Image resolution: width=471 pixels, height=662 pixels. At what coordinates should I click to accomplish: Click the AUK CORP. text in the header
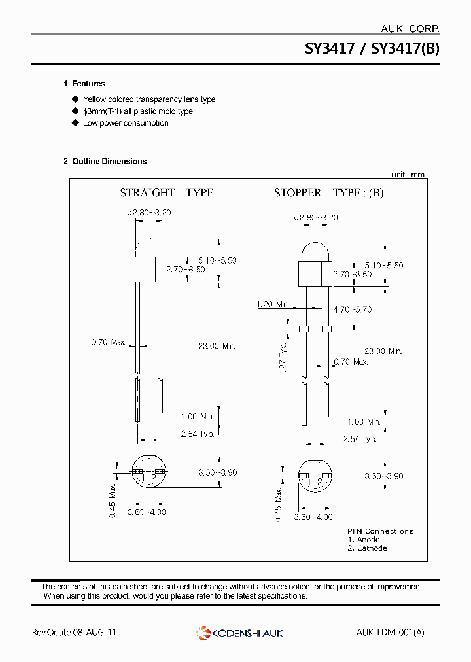click(410, 29)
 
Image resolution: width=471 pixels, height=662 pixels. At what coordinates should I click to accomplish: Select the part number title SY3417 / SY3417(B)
click(372, 48)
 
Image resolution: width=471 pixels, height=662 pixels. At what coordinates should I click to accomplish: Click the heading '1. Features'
click(84, 84)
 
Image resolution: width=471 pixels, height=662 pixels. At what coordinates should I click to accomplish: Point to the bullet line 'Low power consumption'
click(126, 123)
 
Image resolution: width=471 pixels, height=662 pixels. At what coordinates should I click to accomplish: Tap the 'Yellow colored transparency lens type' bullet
click(149, 99)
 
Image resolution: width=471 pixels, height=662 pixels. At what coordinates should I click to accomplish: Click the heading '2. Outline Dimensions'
click(105, 161)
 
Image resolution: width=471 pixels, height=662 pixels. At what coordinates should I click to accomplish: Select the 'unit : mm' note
click(408, 175)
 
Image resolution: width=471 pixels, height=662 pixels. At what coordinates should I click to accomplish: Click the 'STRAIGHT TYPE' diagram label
click(166, 193)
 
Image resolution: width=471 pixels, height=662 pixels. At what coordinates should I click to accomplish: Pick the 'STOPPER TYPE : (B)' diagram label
click(328, 193)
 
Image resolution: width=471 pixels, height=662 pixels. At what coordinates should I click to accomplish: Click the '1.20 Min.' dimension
click(273, 304)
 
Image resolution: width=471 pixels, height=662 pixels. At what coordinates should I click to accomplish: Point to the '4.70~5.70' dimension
click(352, 309)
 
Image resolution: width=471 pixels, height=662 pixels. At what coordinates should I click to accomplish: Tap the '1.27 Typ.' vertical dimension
click(283, 358)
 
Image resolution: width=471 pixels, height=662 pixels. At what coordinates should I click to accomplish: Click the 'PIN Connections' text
click(380, 531)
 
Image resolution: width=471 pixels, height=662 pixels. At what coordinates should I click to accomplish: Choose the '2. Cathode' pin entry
click(367, 548)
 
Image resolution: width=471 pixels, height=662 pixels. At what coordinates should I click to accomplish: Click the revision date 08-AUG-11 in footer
click(94, 633)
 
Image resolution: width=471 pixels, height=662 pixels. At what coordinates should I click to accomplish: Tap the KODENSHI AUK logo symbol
click(203, 633)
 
